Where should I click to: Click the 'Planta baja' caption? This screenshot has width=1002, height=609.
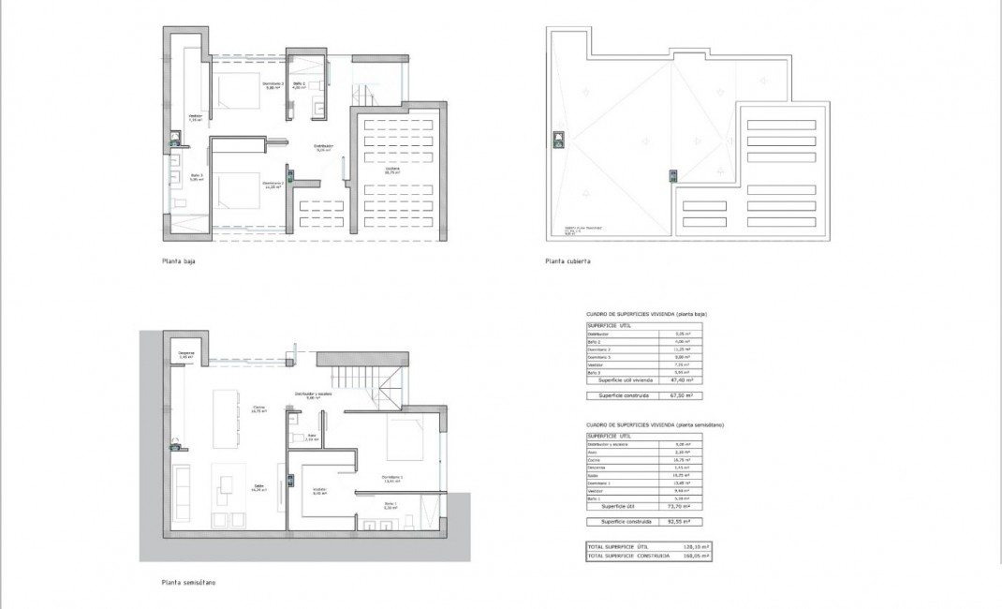pos(179,262)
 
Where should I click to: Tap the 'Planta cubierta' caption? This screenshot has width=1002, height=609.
pos(567,262)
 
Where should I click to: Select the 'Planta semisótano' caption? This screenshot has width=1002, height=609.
pos(188,582)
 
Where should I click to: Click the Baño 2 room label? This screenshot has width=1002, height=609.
pos(299,85)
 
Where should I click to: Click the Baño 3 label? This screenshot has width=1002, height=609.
pos(197,177)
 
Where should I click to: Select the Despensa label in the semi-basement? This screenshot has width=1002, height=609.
pos(186,355)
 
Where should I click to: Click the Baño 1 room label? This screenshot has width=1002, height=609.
pos(390,505)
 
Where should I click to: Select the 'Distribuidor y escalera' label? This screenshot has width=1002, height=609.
pos(313,395)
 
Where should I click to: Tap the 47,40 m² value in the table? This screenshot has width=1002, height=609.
pos(686,380)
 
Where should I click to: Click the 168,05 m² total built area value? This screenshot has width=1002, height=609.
pos(693,556)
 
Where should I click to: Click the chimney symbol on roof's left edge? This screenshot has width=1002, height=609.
pos(559,141)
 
